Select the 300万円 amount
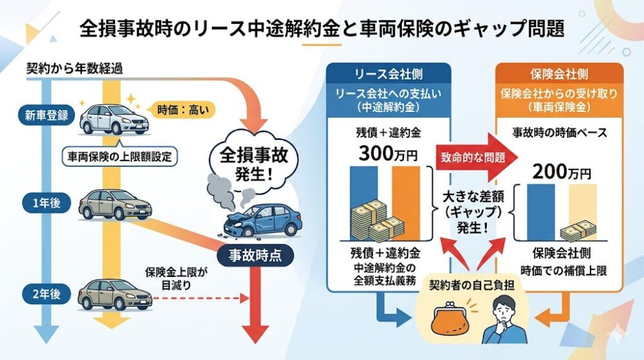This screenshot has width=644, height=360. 384,155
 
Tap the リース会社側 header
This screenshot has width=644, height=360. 384,74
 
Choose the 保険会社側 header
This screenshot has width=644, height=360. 558,74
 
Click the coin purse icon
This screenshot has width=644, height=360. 448,323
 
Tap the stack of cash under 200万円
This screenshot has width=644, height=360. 575,230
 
